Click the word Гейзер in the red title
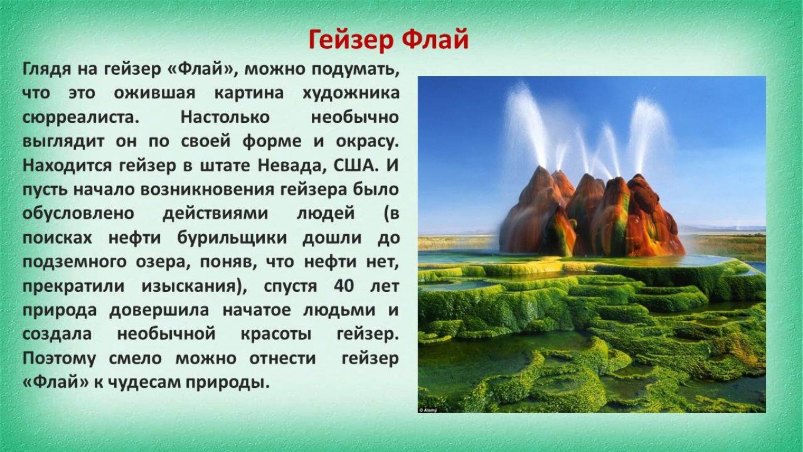(x=351, y=40)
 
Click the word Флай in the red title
(x=435, y=39)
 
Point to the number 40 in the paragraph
(x=344, y=286)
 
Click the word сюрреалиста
(x=81, y=118)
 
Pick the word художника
(x=351, y=94)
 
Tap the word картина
(x=249, y=94)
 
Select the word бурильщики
(x=232, y=238)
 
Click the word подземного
(x=74, y=262)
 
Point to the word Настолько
(x=225, y=117)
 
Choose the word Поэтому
(x=59, y=358)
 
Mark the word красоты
(x=276, y=334)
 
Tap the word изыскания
(x=194, y=286)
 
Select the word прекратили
(x=74, y=286)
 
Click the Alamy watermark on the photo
(x=428, y=410)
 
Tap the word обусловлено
(x=78, y=214)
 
